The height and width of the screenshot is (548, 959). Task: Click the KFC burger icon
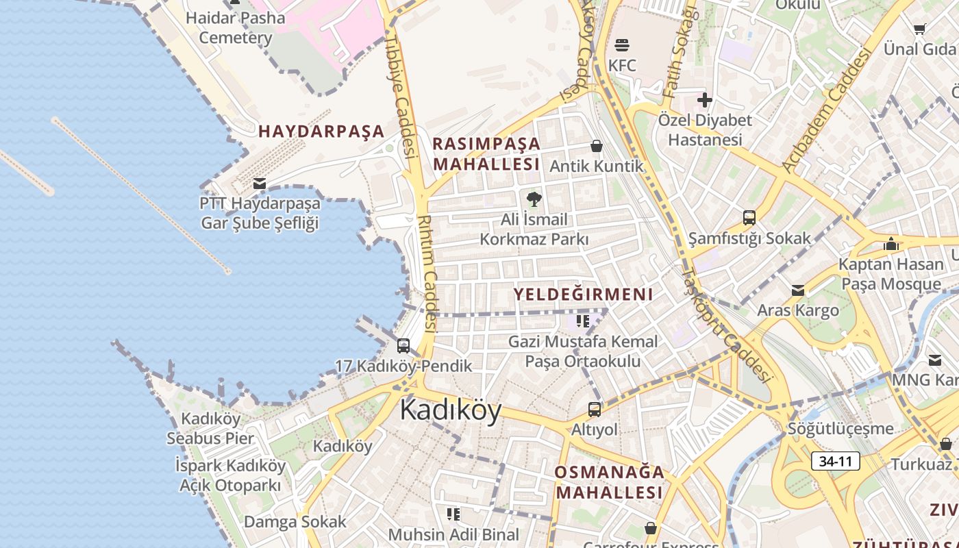pos(622,46)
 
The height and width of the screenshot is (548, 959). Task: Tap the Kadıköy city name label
pos(451,410)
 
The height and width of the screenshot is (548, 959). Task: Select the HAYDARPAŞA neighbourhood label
pos(321,132)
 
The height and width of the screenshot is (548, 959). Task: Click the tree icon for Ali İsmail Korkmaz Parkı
pos(534,199)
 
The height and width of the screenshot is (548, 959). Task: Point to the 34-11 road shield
pos(836,461)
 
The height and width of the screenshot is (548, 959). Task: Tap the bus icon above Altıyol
pos(595,410)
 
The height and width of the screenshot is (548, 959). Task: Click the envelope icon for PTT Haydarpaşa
pos(260,184)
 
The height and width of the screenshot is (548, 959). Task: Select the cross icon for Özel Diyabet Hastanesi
pos(705,101)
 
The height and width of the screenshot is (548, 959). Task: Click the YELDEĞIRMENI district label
pos(584,295)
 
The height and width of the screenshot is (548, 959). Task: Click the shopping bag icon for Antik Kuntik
pos(597,146)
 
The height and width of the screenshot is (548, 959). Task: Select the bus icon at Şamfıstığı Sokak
pos(749,218)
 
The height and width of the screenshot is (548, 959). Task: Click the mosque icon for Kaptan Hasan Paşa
pos(891,244)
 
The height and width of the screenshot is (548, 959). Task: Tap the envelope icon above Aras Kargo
pos(798,290)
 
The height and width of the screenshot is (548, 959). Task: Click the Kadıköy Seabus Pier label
pos(210,428)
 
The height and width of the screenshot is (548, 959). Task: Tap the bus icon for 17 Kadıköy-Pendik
pos(403,346)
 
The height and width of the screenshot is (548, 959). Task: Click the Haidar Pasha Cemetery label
pos(235,27)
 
